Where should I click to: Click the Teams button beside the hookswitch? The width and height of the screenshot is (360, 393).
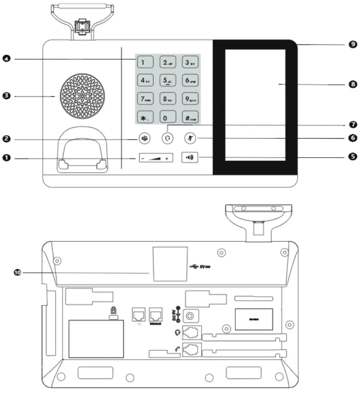pyautogui.click(x=144, y=138)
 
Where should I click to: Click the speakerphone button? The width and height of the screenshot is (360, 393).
pyautogui.click(x=189, y=158)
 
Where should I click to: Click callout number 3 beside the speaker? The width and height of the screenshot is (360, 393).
pyautogui.click(x=6, y=96)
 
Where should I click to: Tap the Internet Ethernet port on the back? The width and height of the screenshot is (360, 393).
pyautogui.click(x=156, y=315)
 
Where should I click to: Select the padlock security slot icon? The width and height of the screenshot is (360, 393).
pyautogui.click(x=112, y=312)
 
